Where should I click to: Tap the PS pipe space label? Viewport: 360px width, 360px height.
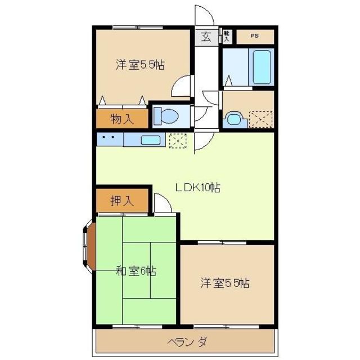tap(255, 37)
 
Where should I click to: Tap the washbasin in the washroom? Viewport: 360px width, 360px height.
tap(233, 119)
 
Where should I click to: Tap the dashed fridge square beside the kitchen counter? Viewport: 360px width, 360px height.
tap(177, 140)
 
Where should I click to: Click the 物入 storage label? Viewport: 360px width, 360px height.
tap(121, 119)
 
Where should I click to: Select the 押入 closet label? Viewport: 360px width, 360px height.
tap(121, 201)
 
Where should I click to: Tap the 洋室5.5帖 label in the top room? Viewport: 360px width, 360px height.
tap(140, 65)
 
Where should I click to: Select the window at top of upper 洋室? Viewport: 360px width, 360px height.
tap(137, 26)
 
